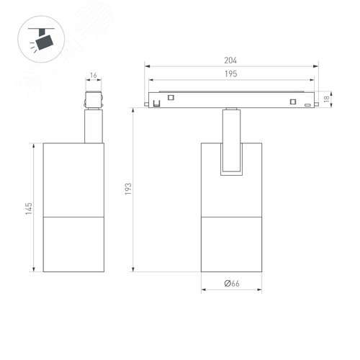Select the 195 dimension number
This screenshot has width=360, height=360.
[231, 74]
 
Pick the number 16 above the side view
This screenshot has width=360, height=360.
[94, 75]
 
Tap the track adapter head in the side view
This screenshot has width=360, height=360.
[94, 100]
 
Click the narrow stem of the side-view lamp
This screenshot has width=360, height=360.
[94, 126]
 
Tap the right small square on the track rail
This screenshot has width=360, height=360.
[293, 100]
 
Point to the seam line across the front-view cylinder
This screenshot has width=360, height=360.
[231, 215]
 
